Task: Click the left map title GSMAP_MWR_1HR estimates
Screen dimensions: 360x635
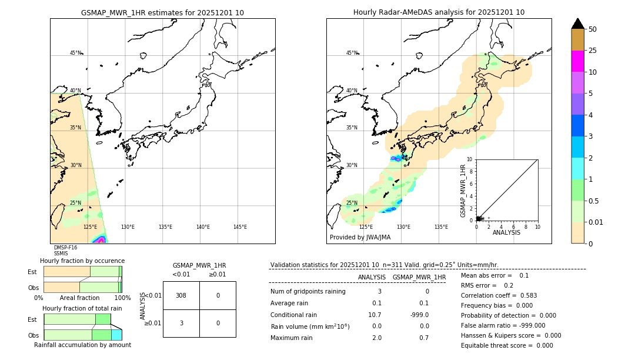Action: (162, 12)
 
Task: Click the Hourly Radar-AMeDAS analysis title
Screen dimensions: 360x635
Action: (439, 12)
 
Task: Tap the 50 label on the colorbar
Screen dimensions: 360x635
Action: (593, 29)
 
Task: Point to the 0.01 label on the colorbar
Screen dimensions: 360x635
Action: (596, 222)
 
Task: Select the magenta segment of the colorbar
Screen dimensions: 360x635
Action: (577, 61)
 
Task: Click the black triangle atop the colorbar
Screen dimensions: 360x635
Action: (577, 24)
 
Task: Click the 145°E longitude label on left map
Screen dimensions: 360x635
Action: (240, 227)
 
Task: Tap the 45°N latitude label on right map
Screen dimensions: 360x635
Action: (352, 54)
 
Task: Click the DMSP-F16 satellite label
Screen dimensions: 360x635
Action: (65, 248)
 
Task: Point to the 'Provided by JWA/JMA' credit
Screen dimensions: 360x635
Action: (360, 238)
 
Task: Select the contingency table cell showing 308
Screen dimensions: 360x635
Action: (181, 295)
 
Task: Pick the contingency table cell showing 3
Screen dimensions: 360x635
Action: (181, 323)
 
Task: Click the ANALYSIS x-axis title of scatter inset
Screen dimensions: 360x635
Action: (506, 233)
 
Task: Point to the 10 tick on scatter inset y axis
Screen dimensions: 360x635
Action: (470, 159)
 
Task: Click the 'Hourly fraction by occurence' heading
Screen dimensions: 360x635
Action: (82, 261)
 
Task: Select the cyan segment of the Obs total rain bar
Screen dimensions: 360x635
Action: (116, 335)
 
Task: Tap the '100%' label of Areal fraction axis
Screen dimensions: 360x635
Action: (122, 298)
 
